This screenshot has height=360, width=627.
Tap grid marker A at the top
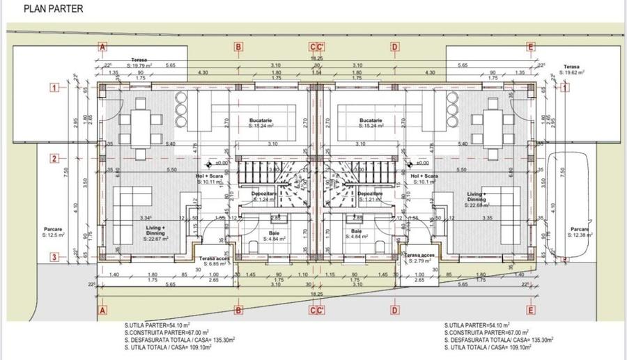click(x=102, y=47)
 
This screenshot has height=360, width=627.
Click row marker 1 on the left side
click(x=54, y=88)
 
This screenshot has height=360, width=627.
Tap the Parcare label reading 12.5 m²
click(x=54, y=233)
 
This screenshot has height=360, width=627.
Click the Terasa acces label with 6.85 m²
click(x=210, y=261)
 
